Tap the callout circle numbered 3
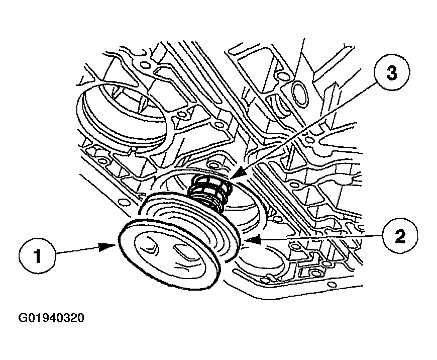coord(391,73)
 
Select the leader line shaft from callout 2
coord(321,236)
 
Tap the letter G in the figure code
coord(23,318)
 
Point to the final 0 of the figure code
coord(80,318)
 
